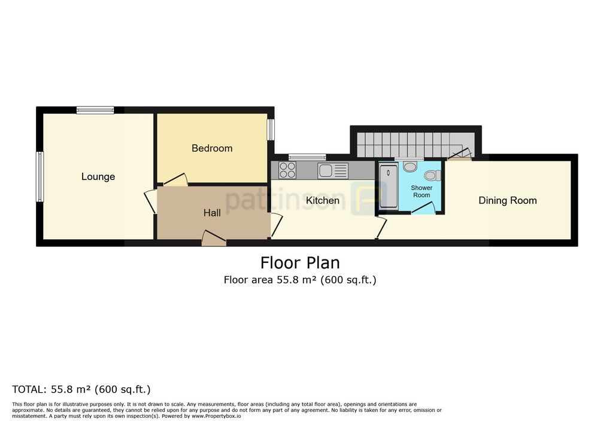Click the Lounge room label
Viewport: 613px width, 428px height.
tap(98, 177)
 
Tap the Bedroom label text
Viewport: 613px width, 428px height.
tap(212, 148)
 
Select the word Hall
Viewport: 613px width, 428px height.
tap(212, 213)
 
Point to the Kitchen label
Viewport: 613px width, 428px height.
tap(323, 200)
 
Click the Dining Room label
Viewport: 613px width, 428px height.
tap(507, 200)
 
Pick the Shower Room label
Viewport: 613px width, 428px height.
tap(421, 191)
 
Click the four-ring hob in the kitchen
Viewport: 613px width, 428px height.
tap(287, 170)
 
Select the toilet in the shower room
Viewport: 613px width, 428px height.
tap(432, 175)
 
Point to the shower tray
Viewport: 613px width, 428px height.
tap(389, 187)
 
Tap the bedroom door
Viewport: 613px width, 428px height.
tap(175, 179)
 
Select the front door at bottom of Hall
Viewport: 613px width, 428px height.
tap(213, 239)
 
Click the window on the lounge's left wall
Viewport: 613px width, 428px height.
tap(40, 176)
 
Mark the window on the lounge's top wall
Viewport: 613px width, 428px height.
tap(95, 110)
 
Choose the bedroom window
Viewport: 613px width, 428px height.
tap(271, 130)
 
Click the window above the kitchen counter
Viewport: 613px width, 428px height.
tap(307, 157)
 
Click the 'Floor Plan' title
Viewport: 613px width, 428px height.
tap(300, 263)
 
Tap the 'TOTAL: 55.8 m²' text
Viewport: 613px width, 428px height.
tap(81, 389)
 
